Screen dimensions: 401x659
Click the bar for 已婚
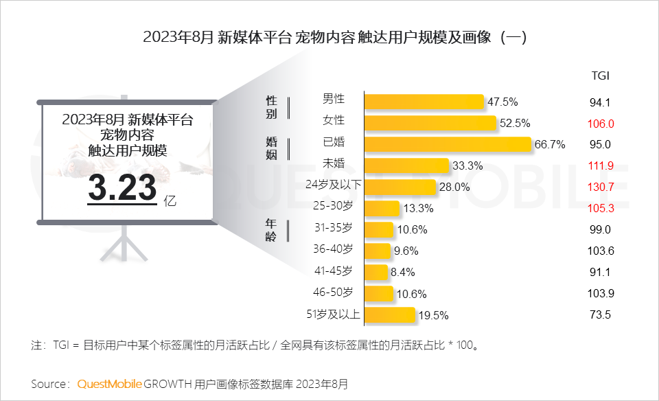click(x=448, y=144)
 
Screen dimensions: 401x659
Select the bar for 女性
click(x=430, y=123)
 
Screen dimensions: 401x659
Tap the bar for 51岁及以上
click(x=390, y=315)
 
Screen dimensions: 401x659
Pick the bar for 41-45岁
click(x=376, y=272)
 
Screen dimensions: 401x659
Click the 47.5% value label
click(x=502, y=102)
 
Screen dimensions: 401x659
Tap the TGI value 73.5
click(x=600, y=315)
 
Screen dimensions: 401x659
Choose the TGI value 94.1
click(x=600, y=102)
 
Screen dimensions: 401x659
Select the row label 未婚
click(x=334, y=163)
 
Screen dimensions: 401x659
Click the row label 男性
click(x=334, y=99)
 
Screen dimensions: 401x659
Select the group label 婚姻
click(x=272, y=149)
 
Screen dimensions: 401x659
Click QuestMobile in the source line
click(x=110, y=383)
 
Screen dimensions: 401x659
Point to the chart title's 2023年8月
click(x=178, y=37)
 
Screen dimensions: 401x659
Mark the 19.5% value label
click(x=433, y=316)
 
